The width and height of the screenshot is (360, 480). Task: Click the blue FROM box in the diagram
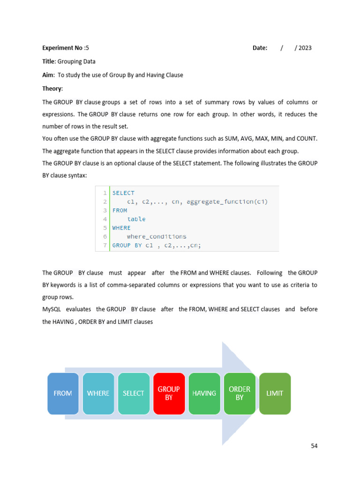coord(63,393)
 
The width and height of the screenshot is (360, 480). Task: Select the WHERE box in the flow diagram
coord(98,393)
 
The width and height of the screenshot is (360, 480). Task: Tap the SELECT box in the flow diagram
coord(134,393)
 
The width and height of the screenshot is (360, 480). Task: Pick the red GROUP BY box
coord(169,393)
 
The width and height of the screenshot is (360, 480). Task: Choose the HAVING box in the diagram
coord(204,393)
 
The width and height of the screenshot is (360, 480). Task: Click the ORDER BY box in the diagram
coord(240,393)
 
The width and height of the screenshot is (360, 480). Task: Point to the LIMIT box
coord(275,393)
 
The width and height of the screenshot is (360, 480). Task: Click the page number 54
coord(314,446)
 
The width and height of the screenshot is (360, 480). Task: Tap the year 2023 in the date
coord(305,48)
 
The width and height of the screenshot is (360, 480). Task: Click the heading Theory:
coord(52,89)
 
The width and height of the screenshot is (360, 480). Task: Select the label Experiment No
coord(62,48)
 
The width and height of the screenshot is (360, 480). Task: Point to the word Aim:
coord(48,75)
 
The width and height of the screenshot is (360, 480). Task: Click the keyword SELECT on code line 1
coord(123,193)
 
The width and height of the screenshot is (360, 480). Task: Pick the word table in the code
coord(136,219)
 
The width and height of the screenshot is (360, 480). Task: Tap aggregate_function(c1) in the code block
coord(227,202)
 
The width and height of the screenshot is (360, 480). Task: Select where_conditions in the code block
coord(157,237)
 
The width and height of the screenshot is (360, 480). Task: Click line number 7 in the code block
coord(105,245)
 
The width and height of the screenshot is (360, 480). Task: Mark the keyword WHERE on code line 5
coord(121,228)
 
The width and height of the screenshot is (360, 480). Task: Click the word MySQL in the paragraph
coord(52,309)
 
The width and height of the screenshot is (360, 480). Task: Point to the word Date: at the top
coord(260,48)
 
